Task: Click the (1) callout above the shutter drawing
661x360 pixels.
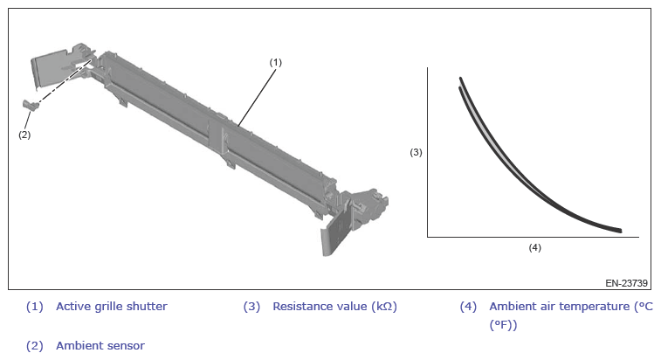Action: [275, 62]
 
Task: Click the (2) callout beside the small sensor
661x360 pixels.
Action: [24, 135]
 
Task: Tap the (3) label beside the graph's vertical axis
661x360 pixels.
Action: [416, 152]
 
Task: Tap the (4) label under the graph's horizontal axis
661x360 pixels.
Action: [534, 248]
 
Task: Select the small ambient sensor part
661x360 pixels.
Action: [31, 104]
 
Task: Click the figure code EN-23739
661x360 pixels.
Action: [626, 283]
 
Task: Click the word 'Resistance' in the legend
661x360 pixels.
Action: [299, 306]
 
